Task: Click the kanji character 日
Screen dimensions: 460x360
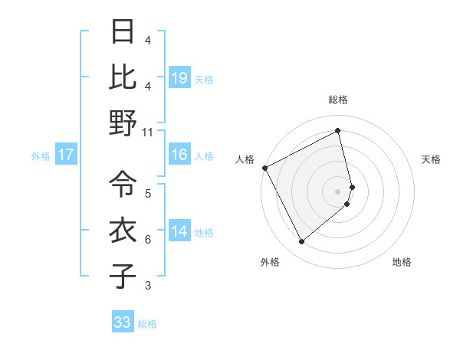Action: [x=123, y=31]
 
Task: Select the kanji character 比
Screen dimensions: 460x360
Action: [x=123, y=77]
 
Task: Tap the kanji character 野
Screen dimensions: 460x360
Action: [x=123, y=123]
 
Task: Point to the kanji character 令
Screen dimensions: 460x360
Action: [x=123, y=184]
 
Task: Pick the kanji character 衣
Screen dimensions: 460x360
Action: [x=123, y=230]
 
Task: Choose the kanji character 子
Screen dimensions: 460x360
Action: [x=123, y=276]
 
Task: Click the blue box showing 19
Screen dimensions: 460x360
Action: [x=179, y=77]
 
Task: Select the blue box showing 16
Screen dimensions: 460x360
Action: [x=179, y=155]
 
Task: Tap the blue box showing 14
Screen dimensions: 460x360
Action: [x=179, y=231]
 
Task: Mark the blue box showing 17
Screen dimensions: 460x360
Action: [x=66, y=155]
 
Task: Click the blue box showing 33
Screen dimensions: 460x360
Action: [x=122, y=322]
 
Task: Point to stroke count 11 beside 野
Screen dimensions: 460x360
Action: [x=148, y=132]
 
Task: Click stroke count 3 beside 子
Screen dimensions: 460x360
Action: [x=148, y=286]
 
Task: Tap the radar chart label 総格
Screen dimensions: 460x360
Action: [x=338, y=100]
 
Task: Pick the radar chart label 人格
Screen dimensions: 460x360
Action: [x=245, y=159]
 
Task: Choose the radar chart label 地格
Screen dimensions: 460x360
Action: [x=402, y=262]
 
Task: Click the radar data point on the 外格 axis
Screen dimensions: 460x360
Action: [x=301, y=241]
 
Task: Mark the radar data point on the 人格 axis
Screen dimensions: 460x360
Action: [x=264, y=167]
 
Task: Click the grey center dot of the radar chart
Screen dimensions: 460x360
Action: [x=338, y=191]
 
